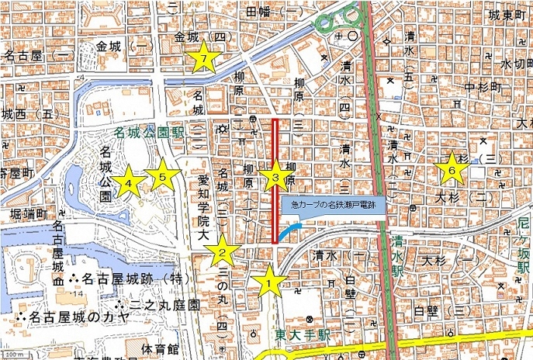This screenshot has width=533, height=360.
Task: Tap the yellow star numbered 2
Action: point(222,250)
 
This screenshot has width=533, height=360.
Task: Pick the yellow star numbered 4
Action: point(130,183)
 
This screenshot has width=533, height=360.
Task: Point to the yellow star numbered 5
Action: point(163,178)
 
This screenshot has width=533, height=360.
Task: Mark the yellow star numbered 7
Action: point(203,59)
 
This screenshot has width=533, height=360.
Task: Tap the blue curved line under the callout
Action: point(289,230)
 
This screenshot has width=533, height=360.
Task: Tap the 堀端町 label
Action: point(23,213)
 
